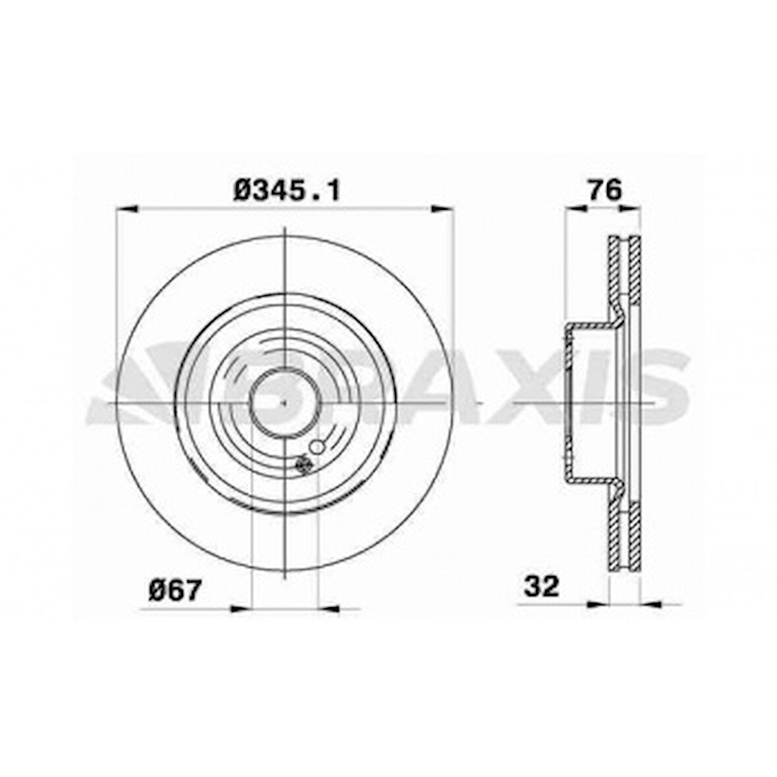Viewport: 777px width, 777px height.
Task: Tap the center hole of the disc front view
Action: (284, 401)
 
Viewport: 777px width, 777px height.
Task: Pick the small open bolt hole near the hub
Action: (317, 448)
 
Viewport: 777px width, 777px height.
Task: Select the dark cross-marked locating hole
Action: (304, 465)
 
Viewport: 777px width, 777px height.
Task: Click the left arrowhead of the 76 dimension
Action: (576, 209)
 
